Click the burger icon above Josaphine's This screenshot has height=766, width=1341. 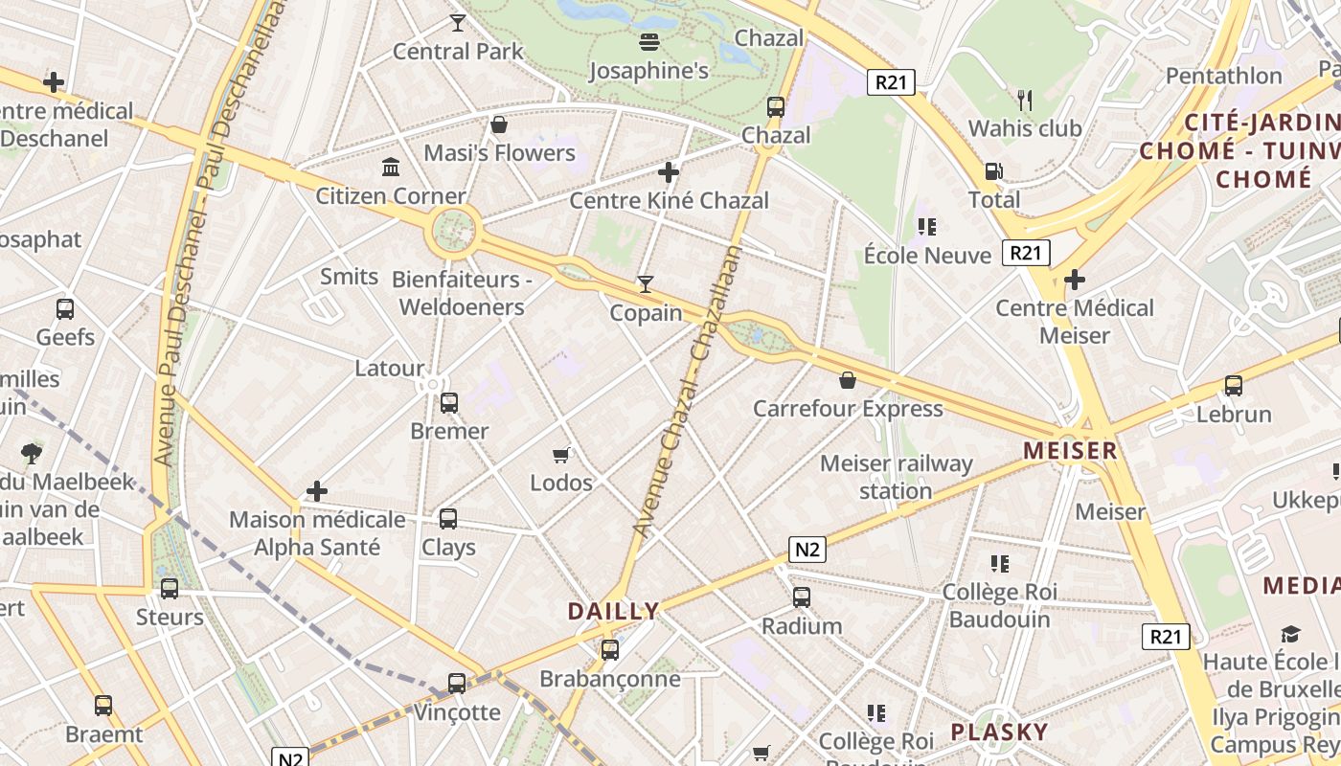click(649, 41)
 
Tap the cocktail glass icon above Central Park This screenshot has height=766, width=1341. click(458, 22)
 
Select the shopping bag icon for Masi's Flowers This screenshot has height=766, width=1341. click(499, 124)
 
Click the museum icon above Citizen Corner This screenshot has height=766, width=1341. click(391, 168)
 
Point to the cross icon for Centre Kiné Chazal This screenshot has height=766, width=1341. click(669, 172)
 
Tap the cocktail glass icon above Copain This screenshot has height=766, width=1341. click(646, 284)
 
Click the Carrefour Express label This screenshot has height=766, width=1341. click(848, 409)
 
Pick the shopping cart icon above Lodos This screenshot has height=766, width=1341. click(561, 455)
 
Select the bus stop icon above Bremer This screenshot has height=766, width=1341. click(448, 403)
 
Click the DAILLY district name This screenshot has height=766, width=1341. click(613, 611)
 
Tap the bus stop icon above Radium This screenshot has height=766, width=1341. click(802, 597)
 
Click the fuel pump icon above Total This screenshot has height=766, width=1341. click(993, 171)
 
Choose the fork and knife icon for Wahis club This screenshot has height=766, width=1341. click(1025, 100)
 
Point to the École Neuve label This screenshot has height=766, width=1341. click(927, 256)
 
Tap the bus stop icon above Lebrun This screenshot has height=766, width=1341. click(1234, 386)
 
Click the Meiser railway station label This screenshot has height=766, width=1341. click(897, 477)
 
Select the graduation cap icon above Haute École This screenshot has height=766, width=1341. click(1291, 634)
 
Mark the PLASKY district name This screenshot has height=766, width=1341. click(999, 732)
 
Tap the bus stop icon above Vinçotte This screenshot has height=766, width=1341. click(457, 684)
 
